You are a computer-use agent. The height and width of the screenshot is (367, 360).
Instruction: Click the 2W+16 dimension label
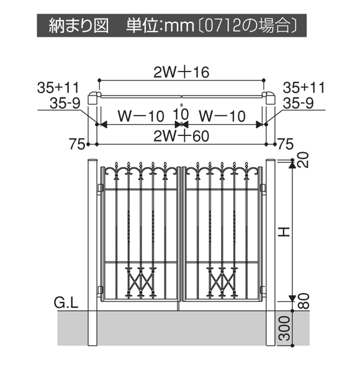tap(181, 72)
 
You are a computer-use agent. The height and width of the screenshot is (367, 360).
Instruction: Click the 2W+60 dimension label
tap(181, 136)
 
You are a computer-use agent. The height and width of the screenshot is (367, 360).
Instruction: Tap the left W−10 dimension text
tap(140, 116)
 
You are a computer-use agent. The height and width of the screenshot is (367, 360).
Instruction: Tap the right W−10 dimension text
tap(222, 116)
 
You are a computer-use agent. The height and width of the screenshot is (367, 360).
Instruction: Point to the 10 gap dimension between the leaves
tap(181, 114)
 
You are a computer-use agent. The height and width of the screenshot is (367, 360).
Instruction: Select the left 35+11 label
tap(58, 88)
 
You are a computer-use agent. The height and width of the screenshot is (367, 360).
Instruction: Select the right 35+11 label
tap(304, 88)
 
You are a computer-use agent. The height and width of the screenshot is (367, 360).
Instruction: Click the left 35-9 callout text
tap(65, 103)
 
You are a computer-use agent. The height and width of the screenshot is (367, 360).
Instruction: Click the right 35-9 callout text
tap(298, 103)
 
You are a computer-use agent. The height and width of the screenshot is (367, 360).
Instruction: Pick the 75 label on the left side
tap(77, 144)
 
